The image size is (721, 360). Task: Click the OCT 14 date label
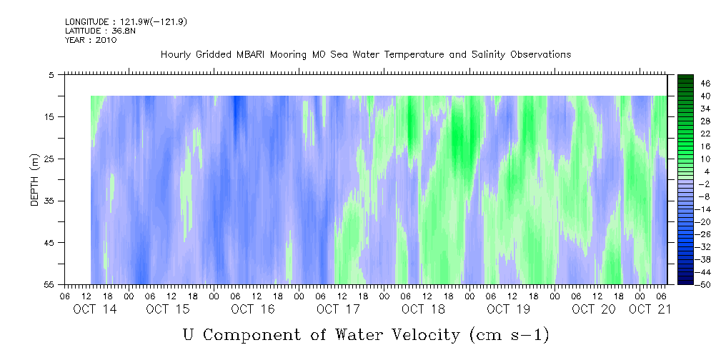(95, 309)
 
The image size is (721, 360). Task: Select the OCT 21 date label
(650, 309)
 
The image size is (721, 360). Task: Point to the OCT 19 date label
(508, 309)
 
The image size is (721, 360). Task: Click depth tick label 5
(51, 75)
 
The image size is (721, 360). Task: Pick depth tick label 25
(49, 159)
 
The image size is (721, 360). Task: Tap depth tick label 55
(49, 284)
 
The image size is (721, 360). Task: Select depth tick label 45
(49, 243)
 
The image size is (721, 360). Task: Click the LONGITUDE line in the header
(126, 22)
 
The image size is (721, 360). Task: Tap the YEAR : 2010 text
(91, 40)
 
